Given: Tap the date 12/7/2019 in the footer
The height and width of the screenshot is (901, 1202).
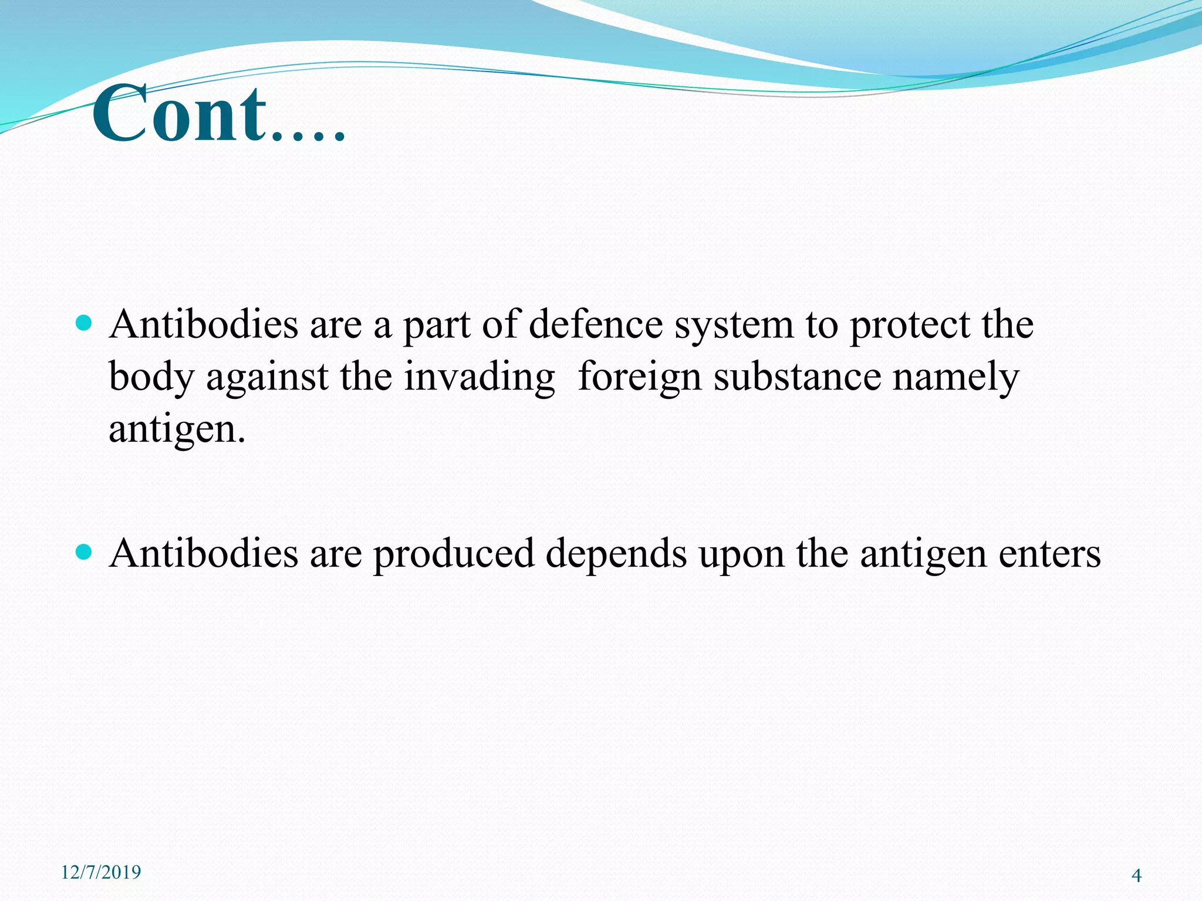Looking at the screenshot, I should click(x=101, y=872).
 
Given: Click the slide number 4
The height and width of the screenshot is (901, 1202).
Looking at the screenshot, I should click(x=1136, y=876).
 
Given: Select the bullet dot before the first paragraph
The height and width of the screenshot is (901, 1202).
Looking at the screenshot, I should click(x=85, y=323).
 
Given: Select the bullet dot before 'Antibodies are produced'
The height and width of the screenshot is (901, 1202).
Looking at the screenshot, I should click(x=85, y=551).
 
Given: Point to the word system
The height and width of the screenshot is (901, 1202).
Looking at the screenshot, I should click(x=734, y=326).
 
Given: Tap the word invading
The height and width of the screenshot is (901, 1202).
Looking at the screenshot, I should click(x=479, y=378).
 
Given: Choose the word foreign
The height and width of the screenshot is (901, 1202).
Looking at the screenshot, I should click(x=639, y=378).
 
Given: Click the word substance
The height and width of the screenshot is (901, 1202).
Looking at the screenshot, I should click(x=797, y=377).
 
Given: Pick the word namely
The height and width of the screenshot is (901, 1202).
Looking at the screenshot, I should click(x=955, y=378).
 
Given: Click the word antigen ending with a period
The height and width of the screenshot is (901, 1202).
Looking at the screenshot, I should click(x=176, y=431).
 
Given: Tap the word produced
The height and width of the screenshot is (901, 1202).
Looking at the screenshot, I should click(x=454, y=554).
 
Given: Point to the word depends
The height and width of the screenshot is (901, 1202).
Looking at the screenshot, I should click(x=616, y=554).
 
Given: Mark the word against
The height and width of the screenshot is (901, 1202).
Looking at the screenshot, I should click(x=267, y=378).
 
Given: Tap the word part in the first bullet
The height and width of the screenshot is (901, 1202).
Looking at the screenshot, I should click(x=436, y=326).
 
